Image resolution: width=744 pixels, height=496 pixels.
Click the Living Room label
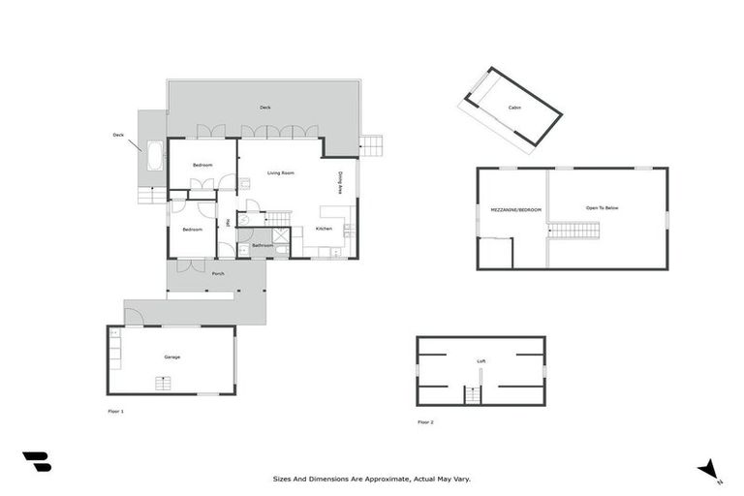pos(280,172)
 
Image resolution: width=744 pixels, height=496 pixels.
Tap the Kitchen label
pos(324,229)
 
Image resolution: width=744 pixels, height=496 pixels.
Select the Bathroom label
pos(262,246)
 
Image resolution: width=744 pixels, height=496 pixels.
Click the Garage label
pos(171,357)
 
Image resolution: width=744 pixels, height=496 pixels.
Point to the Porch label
pos(217,274)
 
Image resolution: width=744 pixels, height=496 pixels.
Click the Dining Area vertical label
pos(340,183)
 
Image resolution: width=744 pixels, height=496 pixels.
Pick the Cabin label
pos(514,108)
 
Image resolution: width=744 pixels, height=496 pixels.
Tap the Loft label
pos(480,361)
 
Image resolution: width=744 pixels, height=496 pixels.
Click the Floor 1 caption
pos(115,412)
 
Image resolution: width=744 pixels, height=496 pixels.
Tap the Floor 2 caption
pos(425,422)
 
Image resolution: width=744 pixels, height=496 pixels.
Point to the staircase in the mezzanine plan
pos(574,230)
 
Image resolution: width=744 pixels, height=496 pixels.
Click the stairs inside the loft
pos(473,394)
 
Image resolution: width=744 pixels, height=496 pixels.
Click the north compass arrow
pos(710,469)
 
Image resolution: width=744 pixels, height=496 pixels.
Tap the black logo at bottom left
pos(37,462)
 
